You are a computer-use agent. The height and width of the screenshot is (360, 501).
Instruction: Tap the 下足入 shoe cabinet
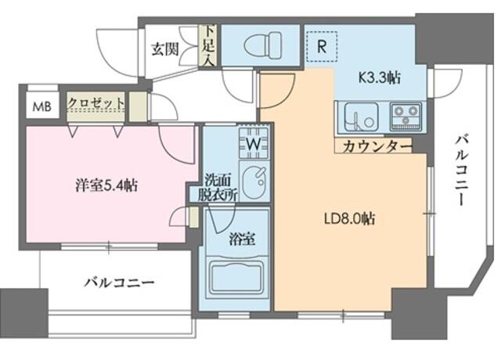[209, 45]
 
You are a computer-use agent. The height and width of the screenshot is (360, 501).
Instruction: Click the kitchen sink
[359, 117]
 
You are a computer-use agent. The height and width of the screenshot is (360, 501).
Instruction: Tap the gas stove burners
[406, 117]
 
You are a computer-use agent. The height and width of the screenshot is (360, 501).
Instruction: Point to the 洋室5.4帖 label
[107, 186]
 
